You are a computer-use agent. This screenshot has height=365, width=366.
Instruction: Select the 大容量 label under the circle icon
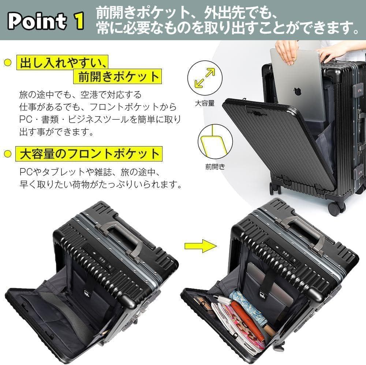tap(205, 103)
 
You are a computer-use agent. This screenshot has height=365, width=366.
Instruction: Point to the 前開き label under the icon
tap(215, 167)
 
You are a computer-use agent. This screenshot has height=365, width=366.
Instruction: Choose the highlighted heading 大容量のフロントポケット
tap(88, 153)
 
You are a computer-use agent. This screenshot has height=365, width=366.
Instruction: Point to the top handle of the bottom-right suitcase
tap(303, 231)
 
